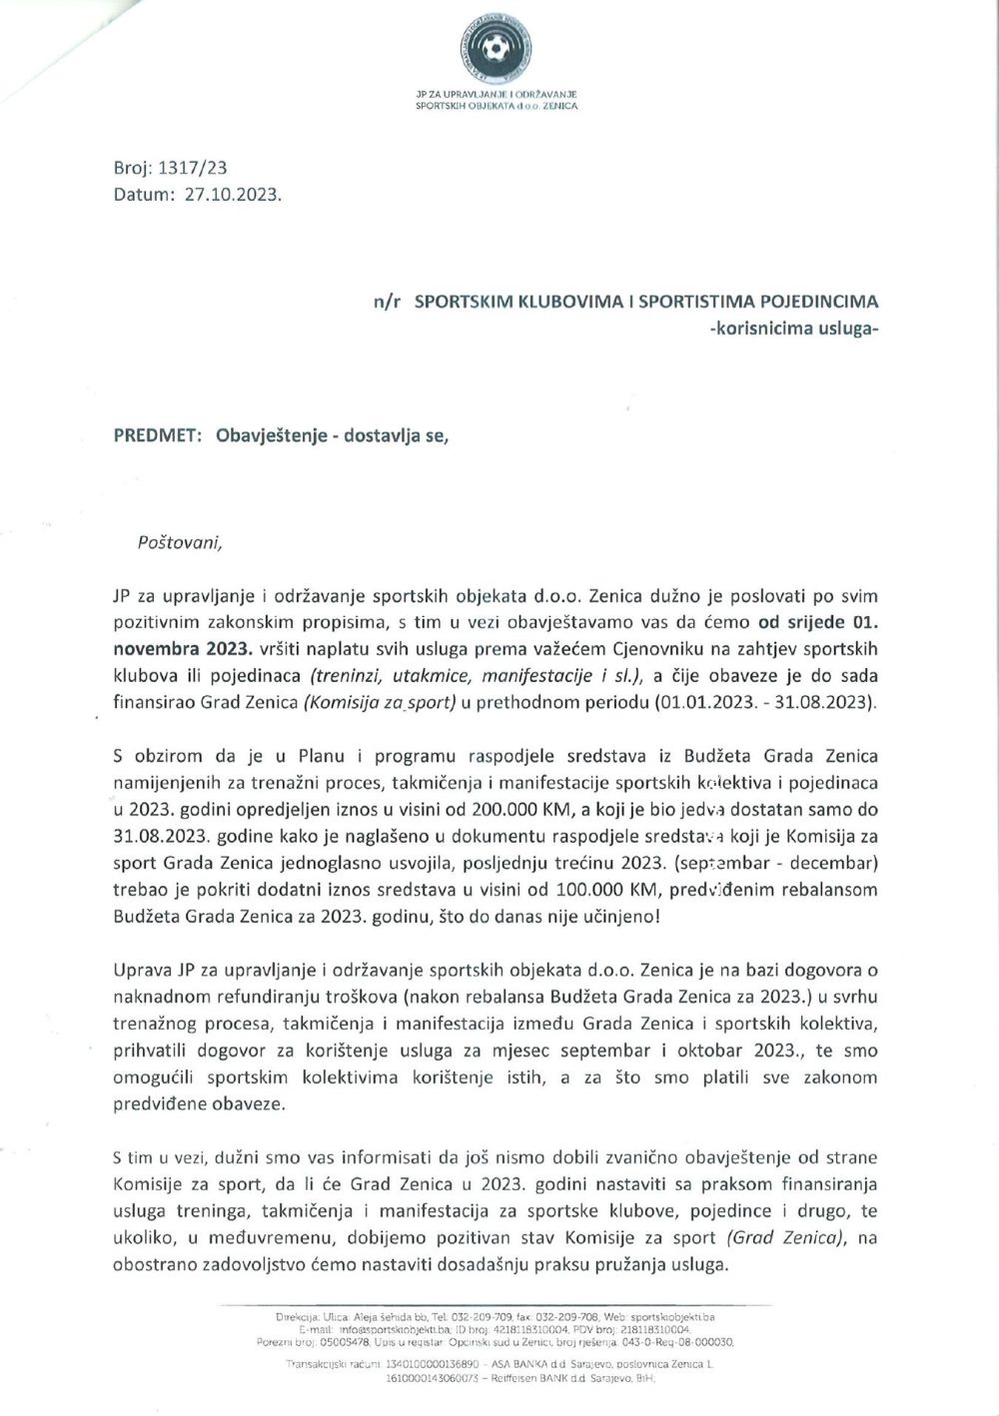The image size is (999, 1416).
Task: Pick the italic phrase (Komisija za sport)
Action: coord(380,702)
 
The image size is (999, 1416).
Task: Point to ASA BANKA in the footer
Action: coord(525,1363)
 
